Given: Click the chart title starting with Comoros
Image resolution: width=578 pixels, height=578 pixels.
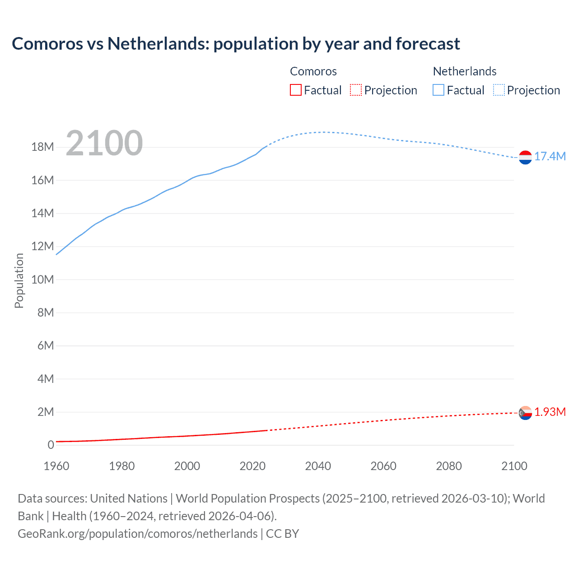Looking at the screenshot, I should [236, 44].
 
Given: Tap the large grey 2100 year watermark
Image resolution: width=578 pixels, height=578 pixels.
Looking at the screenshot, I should [104, 143].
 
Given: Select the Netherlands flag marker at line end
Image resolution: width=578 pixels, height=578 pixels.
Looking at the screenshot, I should [525, 157].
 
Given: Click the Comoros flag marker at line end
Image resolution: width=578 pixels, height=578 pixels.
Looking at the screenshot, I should [525, 413].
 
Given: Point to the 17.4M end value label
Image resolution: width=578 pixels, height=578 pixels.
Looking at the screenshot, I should [550, 157].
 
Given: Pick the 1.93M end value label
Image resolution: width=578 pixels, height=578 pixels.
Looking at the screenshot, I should [550, 412].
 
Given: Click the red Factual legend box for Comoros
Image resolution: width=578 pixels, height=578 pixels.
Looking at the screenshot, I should [296, 90].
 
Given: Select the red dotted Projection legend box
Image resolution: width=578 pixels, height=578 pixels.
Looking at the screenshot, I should [356, 90].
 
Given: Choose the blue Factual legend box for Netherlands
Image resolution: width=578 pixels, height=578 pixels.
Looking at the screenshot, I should [438, 90].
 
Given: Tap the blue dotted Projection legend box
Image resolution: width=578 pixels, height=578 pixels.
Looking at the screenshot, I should [499, 90].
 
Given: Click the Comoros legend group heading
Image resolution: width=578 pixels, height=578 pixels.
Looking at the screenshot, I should [313, 71].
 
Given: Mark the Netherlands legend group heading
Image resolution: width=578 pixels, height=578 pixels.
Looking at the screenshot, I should [465, 71].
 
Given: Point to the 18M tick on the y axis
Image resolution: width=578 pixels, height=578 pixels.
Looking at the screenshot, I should [42, 147].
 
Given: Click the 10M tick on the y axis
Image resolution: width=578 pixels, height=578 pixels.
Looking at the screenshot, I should [42, 280].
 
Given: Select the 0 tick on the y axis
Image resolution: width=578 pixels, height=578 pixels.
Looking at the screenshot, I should [51, 445].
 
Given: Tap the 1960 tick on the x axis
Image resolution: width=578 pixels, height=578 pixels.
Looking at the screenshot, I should [56, 466].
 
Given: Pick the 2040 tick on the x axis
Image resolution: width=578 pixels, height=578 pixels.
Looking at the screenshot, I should [318, 466].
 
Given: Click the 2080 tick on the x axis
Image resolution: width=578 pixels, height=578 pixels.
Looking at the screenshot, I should [449, 466].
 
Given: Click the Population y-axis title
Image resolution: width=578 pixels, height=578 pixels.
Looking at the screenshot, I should [19, 280].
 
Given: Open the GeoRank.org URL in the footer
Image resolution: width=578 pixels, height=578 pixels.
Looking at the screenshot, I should [138, 534].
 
